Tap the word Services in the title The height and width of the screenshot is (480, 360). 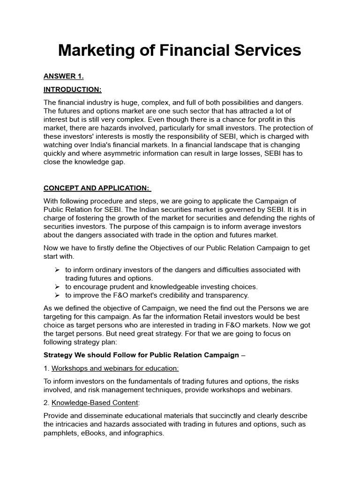[265, 51]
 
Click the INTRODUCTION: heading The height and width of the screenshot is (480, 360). [72, 90]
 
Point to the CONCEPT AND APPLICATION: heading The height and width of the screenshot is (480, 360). [97, 188]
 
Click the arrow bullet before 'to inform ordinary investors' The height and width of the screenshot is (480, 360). [57, 270]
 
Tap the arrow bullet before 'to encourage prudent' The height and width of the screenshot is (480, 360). [57, 287]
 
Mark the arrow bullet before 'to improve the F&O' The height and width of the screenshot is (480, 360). [57, 295]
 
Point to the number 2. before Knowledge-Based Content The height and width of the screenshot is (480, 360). [46, 403]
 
